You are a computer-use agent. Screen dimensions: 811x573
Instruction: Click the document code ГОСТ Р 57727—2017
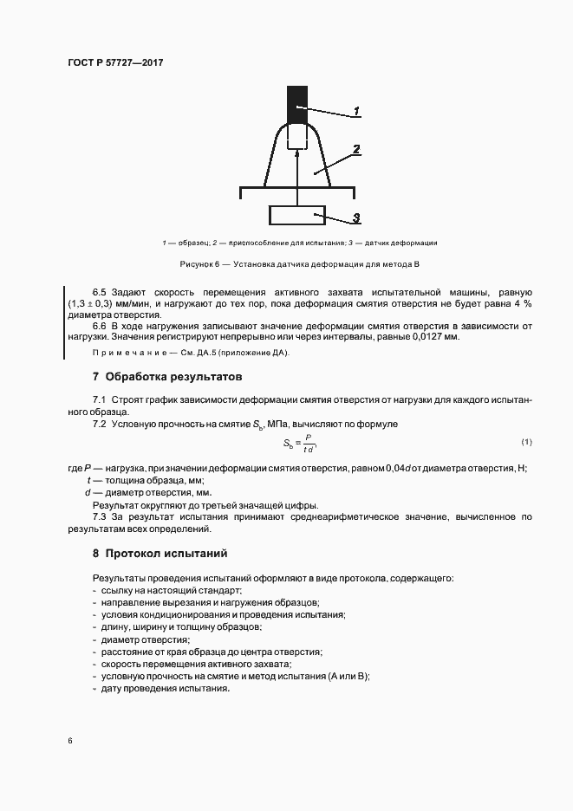(x=115, y=63)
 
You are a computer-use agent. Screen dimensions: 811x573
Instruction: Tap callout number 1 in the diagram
(x=356, y=112)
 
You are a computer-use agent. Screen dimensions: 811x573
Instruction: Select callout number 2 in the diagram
(x=356, y=150)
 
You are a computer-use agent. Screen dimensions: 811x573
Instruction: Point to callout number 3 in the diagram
(x=356, y=218)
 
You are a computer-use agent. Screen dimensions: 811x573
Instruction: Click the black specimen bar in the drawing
(x=297, y=104)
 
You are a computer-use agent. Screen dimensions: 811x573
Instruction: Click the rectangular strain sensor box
(x=297, y=214)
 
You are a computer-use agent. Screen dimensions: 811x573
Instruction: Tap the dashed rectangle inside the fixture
(x=297, y=136)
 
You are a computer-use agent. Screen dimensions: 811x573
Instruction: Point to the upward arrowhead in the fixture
(x=297, y=153)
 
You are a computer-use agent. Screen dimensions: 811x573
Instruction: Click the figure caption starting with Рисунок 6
(x=298, y=263)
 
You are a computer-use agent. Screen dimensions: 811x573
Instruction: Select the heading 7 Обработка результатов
(x=167, y=377)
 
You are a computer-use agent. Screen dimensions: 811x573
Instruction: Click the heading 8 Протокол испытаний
(x=160, y=553)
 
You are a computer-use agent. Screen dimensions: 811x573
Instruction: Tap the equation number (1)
(x=526, y=443)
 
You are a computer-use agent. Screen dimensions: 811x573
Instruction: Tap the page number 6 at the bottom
(x=69, y=741)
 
